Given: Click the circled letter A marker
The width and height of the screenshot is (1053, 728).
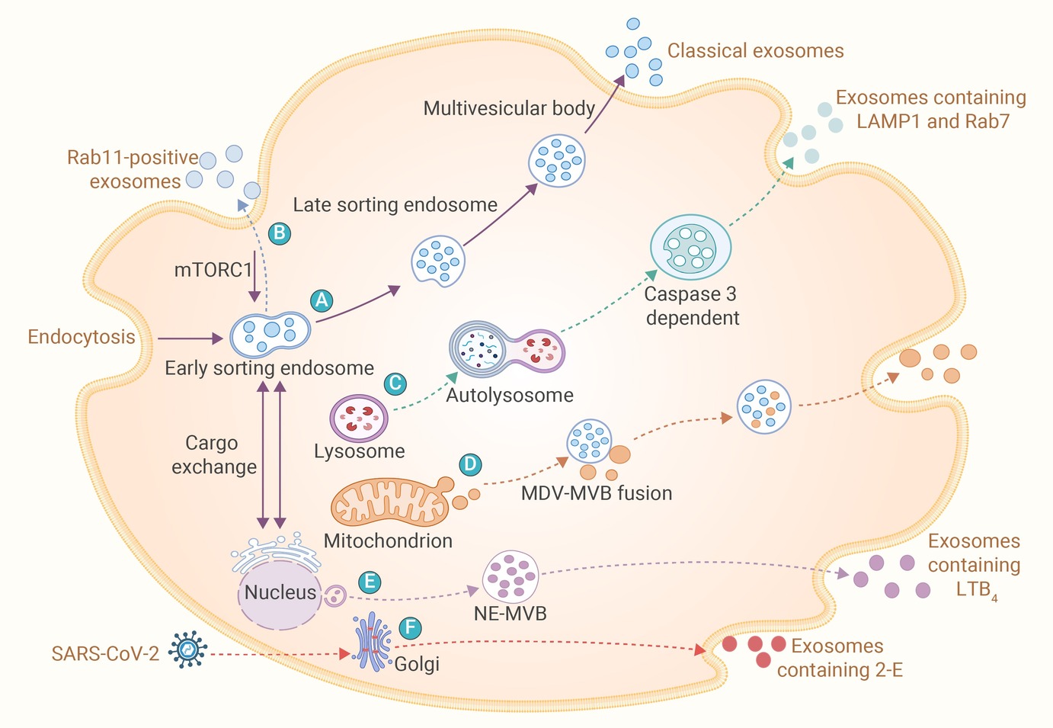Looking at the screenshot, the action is (322, 300).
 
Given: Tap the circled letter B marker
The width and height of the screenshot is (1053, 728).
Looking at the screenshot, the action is (279, 233).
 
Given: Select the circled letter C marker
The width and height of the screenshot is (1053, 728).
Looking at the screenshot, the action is (395, 383).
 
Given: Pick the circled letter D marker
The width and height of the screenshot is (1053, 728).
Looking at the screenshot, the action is (469, 465).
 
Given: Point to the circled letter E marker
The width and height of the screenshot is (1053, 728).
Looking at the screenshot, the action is (370, 582).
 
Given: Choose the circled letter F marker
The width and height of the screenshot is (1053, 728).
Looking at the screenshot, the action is (411, 627).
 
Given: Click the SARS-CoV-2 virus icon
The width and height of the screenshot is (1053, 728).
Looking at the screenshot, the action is (188, 649).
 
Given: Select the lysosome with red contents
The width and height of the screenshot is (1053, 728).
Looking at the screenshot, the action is (359, 418).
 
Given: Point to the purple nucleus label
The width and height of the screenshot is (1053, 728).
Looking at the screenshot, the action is (280, 592).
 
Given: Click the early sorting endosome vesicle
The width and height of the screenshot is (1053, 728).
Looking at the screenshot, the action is (270, 335).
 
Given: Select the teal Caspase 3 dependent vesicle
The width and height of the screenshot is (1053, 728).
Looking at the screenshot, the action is (690, 248).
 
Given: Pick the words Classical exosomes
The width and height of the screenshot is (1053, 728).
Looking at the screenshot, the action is (755, 51).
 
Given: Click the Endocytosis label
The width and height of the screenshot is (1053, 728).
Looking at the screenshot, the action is (82, 337).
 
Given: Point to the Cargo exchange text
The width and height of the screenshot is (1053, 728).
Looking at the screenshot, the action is (214, 455).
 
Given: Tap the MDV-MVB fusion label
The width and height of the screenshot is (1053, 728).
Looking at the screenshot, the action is (597, 493).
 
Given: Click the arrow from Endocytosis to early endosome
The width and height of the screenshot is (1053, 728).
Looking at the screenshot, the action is (190, 338).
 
